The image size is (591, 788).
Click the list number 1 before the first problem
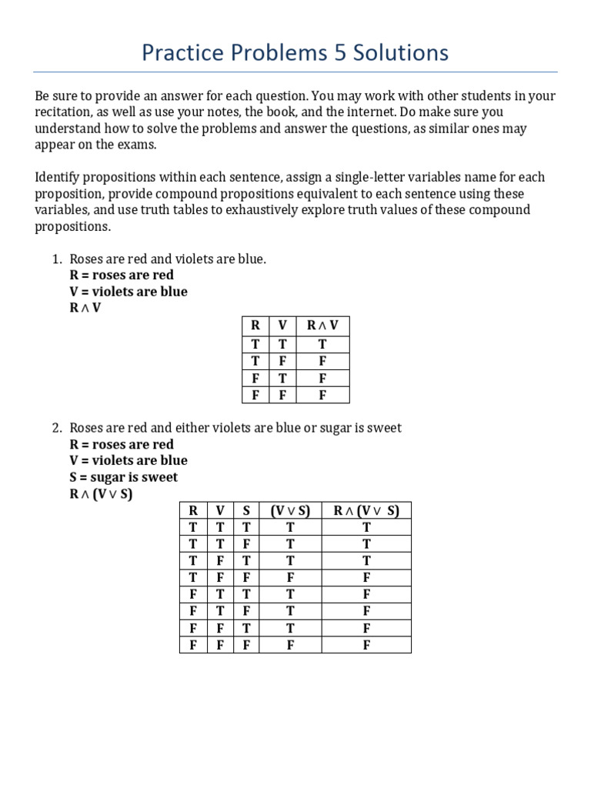tap(56, 259)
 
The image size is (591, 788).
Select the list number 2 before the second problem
tap(56, 428)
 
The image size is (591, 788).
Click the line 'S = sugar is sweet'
tap(123, 477)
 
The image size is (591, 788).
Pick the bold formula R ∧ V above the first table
tap(85, 308)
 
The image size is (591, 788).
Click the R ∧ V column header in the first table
tap(322, 326)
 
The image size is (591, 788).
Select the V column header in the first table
tap(282, 326)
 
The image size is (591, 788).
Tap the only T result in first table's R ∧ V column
tap(322, 345)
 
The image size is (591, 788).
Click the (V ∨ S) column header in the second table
tap(290, 510)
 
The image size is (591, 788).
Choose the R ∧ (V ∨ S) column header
tap(366, 510)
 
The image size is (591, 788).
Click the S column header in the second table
tap(246, 510)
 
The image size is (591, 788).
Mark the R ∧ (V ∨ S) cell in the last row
tap(366, 645)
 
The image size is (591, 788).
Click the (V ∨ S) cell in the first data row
tap(290, 527)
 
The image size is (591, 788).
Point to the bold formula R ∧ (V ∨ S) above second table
tap(101, 494)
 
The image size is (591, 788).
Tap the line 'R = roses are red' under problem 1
tap(122, 275)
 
